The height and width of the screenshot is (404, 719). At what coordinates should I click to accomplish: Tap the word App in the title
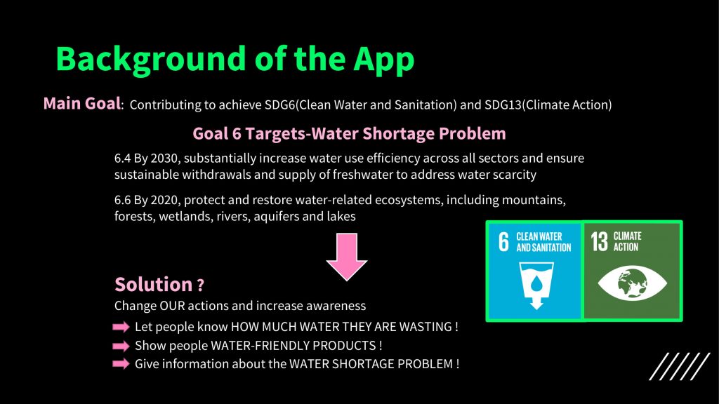point(384,60)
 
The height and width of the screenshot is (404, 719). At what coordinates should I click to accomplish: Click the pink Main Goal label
point(82,104)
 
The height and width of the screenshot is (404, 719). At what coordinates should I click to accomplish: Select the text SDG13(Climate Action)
point(548,105)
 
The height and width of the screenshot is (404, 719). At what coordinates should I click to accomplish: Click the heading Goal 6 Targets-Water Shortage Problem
point(349,133)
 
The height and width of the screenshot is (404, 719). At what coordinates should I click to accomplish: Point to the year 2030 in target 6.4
point(164,158)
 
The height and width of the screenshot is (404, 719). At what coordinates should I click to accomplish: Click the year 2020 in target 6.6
point(164,200)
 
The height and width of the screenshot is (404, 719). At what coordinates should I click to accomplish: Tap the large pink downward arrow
point(347,257)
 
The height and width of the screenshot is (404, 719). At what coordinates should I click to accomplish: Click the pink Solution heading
point(154,285)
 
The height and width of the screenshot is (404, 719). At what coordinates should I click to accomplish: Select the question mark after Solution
point(200,286)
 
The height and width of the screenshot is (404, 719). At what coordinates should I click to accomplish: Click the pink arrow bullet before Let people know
point(121,327)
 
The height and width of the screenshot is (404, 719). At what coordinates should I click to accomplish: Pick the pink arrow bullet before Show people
point(121,345)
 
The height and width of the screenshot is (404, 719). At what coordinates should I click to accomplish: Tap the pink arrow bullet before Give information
point(121,364)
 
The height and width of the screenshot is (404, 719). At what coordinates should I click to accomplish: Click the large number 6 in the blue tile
point(503,242)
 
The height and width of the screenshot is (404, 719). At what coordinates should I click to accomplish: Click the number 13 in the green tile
point(599,242)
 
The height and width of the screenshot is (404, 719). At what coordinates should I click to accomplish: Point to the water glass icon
point(536,285)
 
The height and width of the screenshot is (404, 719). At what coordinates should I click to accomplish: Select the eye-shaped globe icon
point(633,283)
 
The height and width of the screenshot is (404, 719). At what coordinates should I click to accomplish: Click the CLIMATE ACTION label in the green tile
point(627,241)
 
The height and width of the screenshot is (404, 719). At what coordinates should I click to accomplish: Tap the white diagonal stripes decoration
point(680,366)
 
